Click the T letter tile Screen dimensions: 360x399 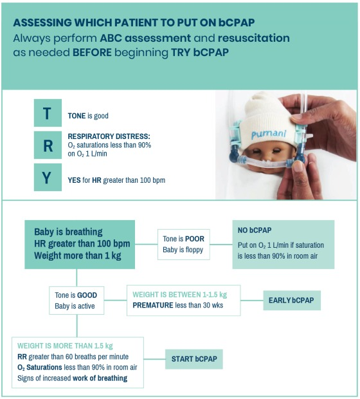coord(48,113)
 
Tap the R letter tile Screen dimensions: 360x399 coord(48,145)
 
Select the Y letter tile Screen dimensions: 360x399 coord(48,177)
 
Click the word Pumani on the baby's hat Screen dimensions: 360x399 coord(269,134)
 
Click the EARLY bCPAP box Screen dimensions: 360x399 coord(292,301)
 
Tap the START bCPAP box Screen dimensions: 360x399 coord(194,359)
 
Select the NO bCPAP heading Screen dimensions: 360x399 coord(255,230)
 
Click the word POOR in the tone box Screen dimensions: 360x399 coord(195,239)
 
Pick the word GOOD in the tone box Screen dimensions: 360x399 coord(87,295)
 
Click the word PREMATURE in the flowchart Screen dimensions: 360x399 coord(153,305)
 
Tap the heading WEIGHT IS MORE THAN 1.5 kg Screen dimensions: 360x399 coord(65,346)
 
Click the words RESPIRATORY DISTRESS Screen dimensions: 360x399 coord(109,136)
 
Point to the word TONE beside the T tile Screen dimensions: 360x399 coord(76,116)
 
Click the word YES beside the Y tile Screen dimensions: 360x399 coord(74,180)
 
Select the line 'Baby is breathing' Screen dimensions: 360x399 coord(68,232)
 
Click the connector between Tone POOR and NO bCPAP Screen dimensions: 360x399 coord(221,245)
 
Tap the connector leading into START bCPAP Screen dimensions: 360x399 coord(154,359)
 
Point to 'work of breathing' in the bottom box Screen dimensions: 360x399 coord(100,378)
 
